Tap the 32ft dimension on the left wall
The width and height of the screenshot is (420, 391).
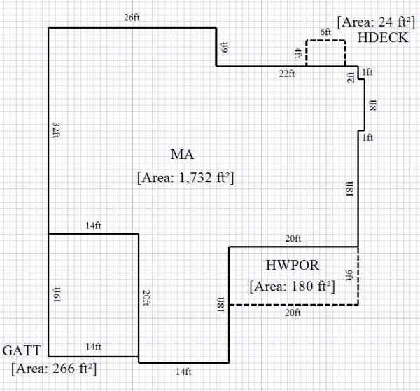(x=55, y=130)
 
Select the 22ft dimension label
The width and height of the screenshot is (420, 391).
(x=287, y=74)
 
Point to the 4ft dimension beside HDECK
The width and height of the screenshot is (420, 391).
(x=298, y=53)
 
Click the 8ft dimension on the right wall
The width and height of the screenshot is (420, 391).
(x=373, y=104)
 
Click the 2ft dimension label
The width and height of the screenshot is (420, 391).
(x=351, y=78)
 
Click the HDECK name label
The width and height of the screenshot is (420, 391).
(x=382, y=38)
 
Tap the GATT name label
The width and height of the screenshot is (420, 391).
(x=23, y=350)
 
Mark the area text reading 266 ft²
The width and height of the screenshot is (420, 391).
(x=54, y=368)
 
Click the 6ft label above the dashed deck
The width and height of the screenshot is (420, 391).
(x=325, y=32)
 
